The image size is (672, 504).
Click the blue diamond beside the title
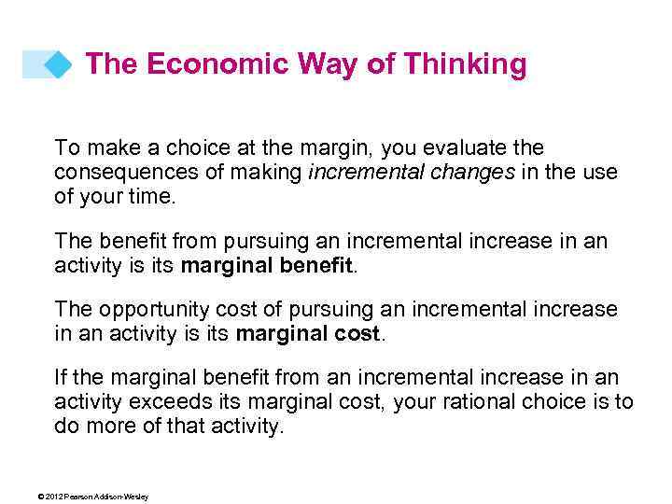[x=59, y=64]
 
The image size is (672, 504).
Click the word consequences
[x=115, y=173]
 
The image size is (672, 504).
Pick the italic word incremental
[x=357, y=173]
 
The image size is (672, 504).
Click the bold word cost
[x=362, y=334]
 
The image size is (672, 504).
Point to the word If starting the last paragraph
[x=61, y=377]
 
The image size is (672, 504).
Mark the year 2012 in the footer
[x=52, y=497]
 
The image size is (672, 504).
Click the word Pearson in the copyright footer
[x=78, y=497]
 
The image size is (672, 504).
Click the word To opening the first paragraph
[x=66, y=147]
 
